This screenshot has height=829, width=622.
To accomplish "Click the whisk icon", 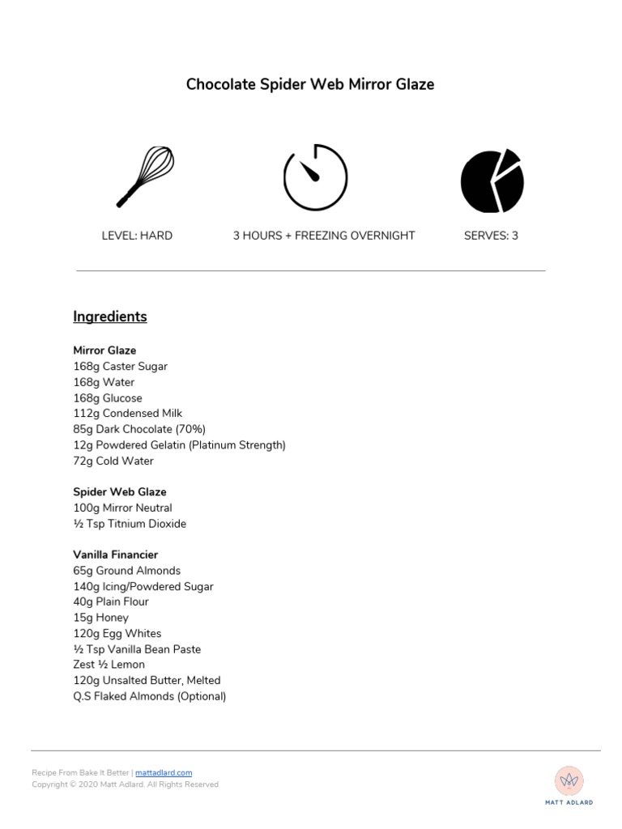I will (145, 176).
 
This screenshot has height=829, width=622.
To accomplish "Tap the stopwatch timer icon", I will (315, 177).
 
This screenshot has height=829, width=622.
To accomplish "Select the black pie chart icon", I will (492, 181).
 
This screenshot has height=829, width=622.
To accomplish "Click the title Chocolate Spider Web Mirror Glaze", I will (310, 84).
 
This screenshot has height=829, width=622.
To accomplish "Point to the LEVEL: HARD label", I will (137, 236).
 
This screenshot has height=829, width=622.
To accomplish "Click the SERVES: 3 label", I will (491, 236).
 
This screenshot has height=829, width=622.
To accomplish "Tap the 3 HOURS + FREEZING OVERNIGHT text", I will (324, 236).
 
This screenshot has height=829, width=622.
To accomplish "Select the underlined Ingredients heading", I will (110, 317).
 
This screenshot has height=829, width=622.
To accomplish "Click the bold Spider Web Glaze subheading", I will (120, 491).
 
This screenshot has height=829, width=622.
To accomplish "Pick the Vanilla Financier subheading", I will (116, 555).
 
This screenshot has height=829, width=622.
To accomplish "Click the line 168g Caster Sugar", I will (121, 366).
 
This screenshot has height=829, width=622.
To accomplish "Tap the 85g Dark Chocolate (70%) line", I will (139, 429).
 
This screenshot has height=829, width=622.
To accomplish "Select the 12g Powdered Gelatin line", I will (179, 445).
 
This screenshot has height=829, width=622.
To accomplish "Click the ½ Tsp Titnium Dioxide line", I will (130, 524).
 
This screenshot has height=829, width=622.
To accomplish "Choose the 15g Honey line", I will (101, 618).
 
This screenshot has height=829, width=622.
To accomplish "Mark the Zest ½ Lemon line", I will (109, 665).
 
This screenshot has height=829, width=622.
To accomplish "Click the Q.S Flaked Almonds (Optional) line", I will (150, 696).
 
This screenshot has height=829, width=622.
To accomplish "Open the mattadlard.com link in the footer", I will (164, 773).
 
